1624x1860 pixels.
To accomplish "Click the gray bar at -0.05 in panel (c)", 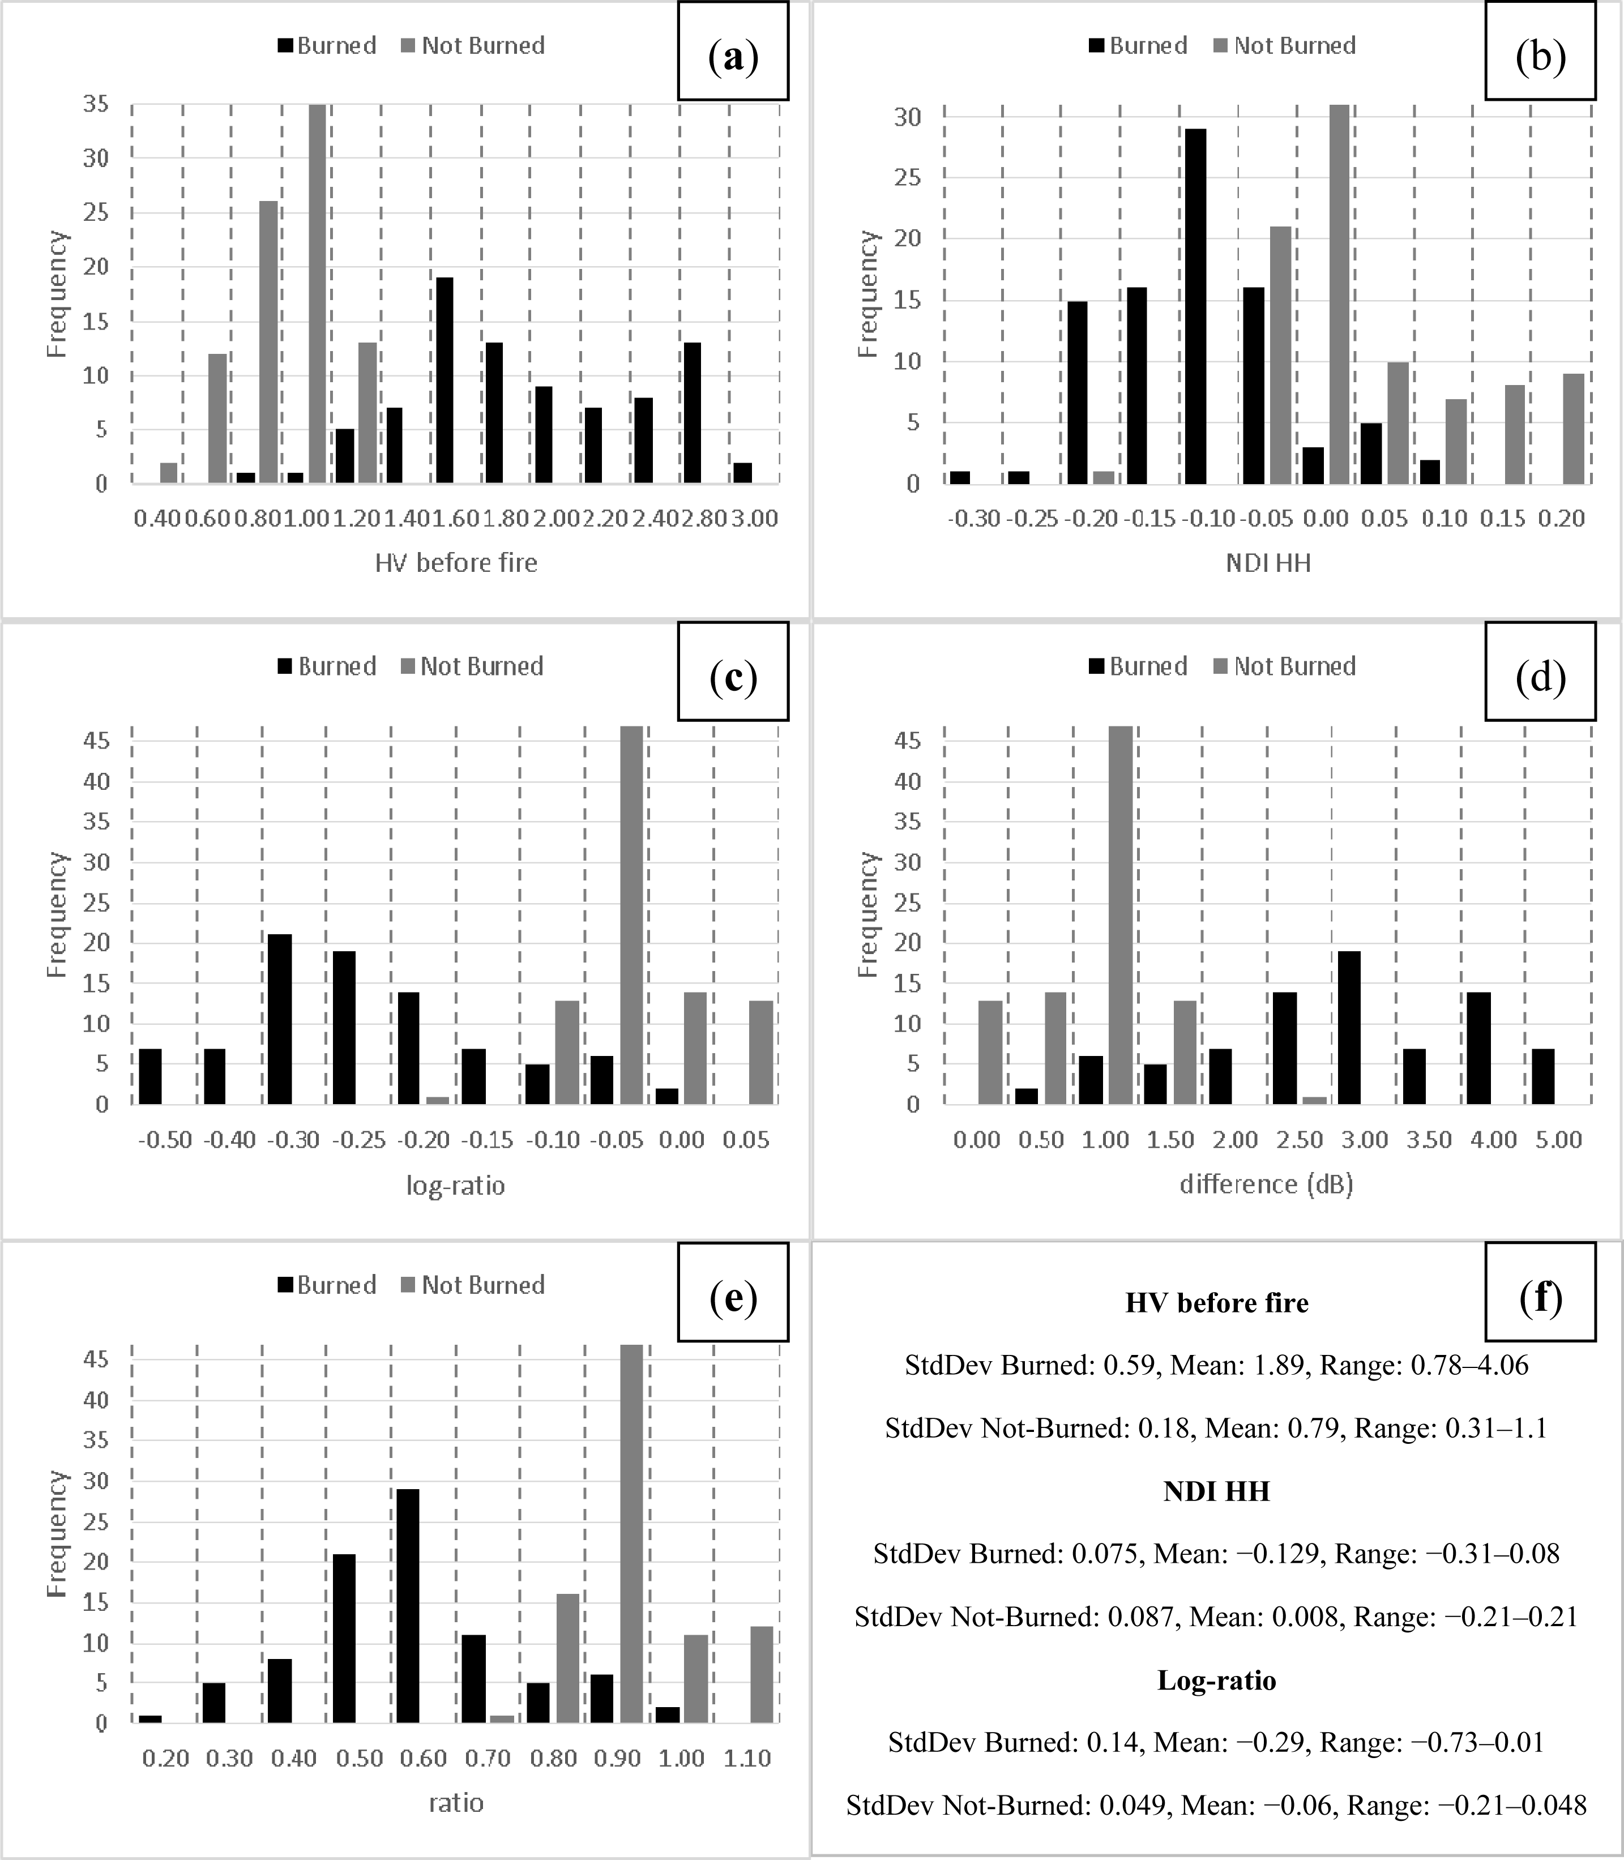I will click(x=632, y=915).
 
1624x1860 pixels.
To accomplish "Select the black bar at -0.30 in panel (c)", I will click(x=280, y=1019).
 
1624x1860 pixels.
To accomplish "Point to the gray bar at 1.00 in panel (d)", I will click(x=1120, y=915).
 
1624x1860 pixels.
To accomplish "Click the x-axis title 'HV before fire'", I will click(x=456, y=563).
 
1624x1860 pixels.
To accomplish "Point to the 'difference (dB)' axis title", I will click(x=1266, y=1184).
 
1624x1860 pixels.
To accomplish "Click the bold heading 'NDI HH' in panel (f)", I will click(x=1216, y=1491).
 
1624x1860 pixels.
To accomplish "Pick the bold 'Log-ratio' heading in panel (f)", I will click(x=1216, y=1681).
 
